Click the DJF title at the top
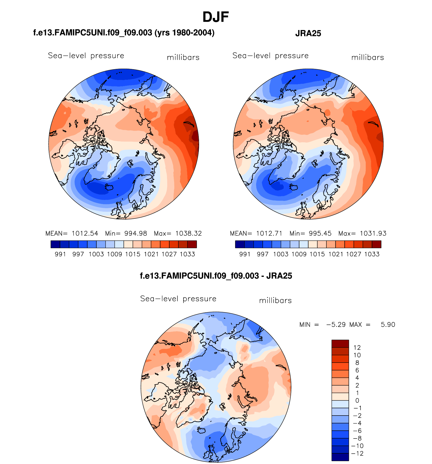pyautogui.click(x=215, y=17)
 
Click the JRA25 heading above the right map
pyautogui.click(x=308, y=33)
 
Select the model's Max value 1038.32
pyautogui.click(x=188, y=233)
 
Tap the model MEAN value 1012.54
pyautogui.click(x=85, y=233)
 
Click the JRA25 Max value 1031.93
pyautogui.click(x=373, y=233)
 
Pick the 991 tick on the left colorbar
pyautogui.click(x=60, y=254)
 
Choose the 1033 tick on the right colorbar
pyautogui.click(x=372, y=254)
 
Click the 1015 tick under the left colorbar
pyautogui.click(x=133, y=254)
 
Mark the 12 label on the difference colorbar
pyautogui.click(x=357, y=347)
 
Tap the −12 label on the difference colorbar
pyautogui.click(x=357, y=453)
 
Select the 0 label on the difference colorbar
pyautogui.click(x=357, y=400)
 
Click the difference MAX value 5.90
pyautogui.click(x=388, y=324)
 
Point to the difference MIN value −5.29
pyautogui.click(x=336, y=324)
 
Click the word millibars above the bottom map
pyautogui.click(x=275, y=301)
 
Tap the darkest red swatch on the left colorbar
pyautogui.click(x=192, y=244)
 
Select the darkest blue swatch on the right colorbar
pyautogui.click(x=240, y=244)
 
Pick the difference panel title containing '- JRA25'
pyautogui.click(x=216, y=276)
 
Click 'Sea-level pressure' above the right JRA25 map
pyautogui.click(x=270, y=56)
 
